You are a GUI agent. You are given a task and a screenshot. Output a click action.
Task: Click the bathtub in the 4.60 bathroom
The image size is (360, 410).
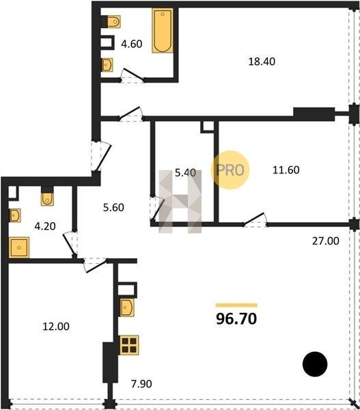pos(163,31)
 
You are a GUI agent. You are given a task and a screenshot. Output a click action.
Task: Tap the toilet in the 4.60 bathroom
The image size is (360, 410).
pos(113,21)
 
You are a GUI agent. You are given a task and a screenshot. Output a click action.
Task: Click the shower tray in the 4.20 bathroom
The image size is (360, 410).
pos(19,247)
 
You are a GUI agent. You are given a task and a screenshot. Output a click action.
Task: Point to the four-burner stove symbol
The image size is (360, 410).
pos(129,345)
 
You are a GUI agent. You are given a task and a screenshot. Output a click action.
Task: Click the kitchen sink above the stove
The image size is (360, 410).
pos(127,307)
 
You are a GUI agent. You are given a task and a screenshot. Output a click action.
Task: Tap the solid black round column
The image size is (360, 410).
pos(315,364)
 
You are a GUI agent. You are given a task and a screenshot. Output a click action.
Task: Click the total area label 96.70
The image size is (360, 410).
pos(236,319)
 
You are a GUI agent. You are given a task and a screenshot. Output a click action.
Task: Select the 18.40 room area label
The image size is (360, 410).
pos(262,61)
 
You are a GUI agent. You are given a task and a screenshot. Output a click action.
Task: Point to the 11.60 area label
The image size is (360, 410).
pos(286,170)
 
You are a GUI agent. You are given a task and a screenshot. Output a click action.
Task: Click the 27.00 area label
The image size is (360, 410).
pos(325,241)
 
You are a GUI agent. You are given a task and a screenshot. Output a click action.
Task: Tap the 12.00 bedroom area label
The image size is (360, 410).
pos(56,327)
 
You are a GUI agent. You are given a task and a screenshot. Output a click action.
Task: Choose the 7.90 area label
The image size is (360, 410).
pos(141,383)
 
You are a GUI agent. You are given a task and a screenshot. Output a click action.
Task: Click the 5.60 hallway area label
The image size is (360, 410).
pos(113,208)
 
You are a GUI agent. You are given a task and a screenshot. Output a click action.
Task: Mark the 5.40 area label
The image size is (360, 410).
pos(185,173)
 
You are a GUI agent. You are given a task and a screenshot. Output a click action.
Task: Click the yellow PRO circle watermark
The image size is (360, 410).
pos(230,170)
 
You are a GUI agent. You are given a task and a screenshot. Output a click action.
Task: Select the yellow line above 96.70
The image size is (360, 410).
pos(236,305)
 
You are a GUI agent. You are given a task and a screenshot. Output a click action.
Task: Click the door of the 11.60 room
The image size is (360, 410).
pos(254,219)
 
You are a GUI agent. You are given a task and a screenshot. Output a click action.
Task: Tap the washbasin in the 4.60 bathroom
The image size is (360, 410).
pos(107,65)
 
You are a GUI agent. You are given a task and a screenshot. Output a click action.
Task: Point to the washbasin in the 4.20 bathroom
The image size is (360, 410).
pos(14,215)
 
